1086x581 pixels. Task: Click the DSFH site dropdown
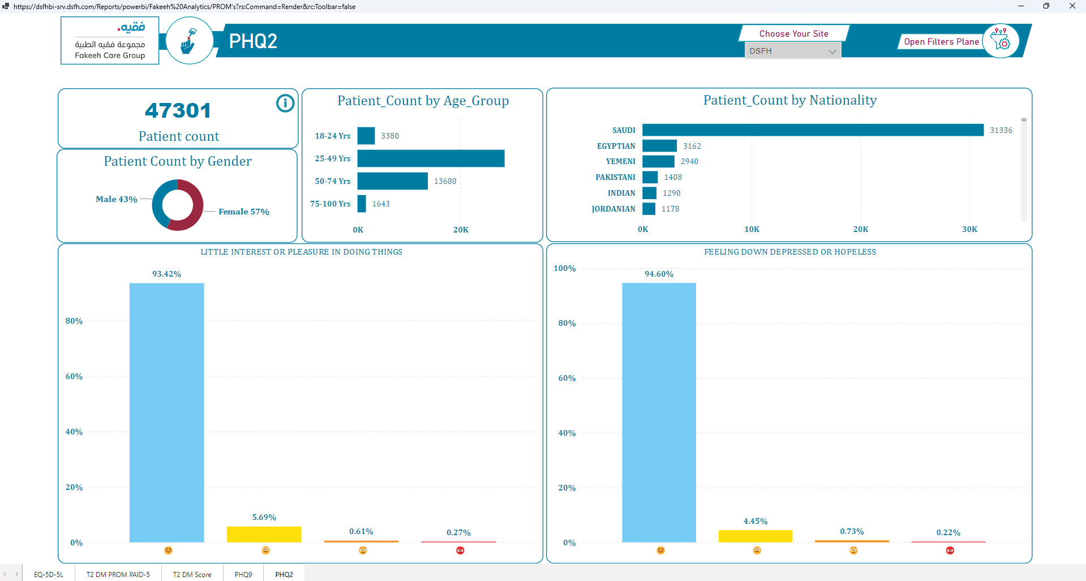click(x=792, y=51)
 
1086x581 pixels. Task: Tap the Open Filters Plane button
click(x=941, y=42)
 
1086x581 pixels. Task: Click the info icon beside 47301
click(x=285, y=103)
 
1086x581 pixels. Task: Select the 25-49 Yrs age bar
click(x=431, y=158)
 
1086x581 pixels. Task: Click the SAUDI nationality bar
click(x=813, y=130)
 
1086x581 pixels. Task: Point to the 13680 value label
click(x=445, y=181)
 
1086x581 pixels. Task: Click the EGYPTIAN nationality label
click(x=616, y=146)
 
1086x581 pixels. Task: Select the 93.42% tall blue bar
click(x=166, y=412)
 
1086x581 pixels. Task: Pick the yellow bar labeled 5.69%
click(x=264, y=534)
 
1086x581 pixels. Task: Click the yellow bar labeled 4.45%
click(x=756, y=536)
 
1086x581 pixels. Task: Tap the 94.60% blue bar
click(x=659, y=412)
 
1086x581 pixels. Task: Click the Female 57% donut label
click(x=244, y=212)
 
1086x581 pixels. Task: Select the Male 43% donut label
click(x=117, y=199)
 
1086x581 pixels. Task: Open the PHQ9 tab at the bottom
click(x=243, y=574)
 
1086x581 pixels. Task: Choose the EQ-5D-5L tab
click(x=49, y=574)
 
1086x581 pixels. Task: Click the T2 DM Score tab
click(x=192, y=574)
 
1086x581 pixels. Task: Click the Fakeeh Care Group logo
click(x=110, y=41)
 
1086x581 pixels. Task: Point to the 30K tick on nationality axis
click(x=969, y=229)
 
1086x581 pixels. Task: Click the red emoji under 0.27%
click(x=460, y=550)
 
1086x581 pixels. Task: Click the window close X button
click(x=1072, y=6)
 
